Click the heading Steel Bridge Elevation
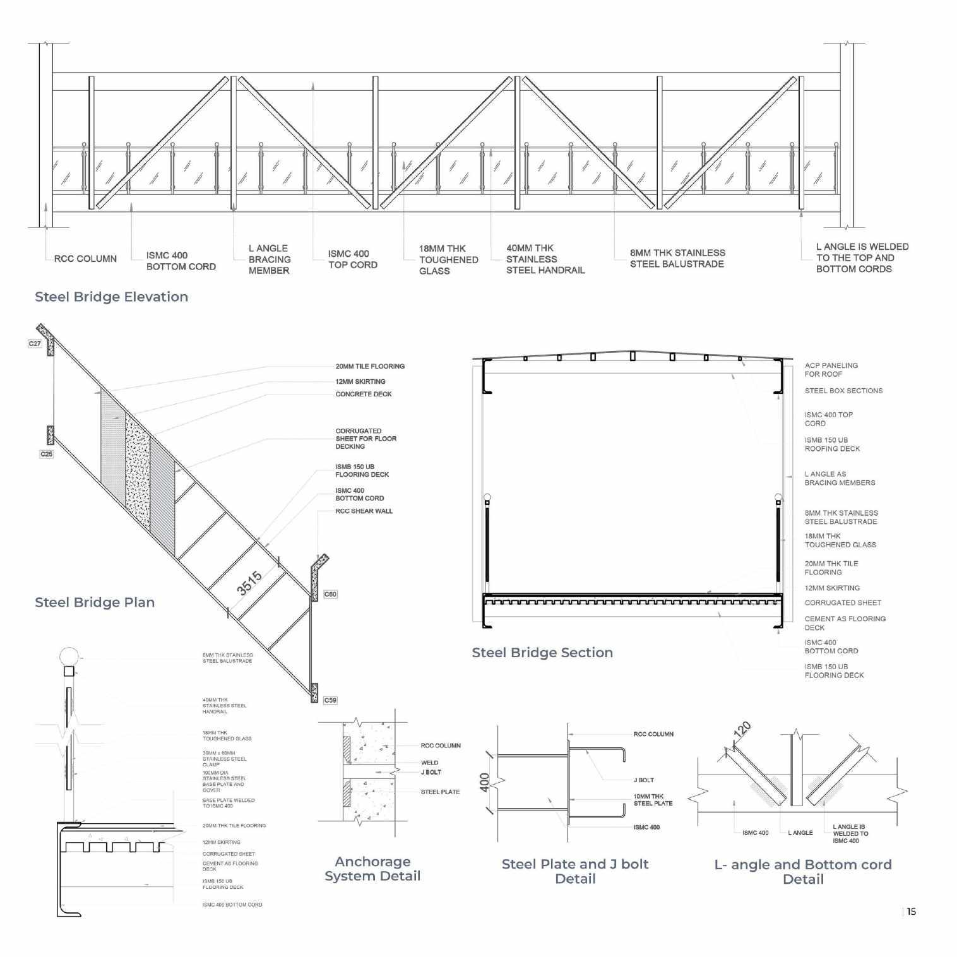point(111,297)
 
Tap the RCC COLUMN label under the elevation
point(85,259)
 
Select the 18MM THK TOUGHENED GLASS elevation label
point(448,259)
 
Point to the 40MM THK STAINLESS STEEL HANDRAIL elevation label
point(545,259)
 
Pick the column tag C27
point(35,343)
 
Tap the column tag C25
point(47,454)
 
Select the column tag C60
point(330,594)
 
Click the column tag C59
point(330,700)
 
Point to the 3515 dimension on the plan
point(249,583)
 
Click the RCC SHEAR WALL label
point(364,511)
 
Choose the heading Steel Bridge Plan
point(95,602)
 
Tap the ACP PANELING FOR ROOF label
point(831,370)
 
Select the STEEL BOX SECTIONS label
point(843,391)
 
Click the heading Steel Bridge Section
point(542,653)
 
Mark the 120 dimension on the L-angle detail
point(742,729)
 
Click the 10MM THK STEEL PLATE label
point(653,800)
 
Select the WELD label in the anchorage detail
point(429,763)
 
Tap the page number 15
point(911,912)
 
